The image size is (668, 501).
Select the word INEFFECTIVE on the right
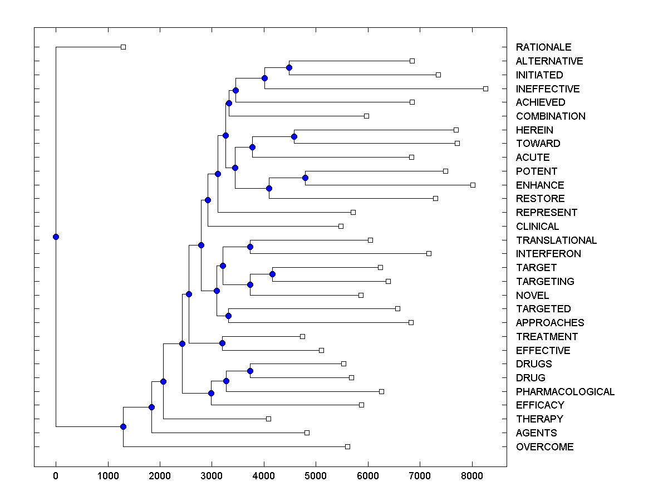(548, 89)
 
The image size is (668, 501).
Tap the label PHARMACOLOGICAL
(565, 392)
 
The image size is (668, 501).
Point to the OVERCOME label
(544, 447)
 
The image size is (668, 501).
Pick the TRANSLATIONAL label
(556, 240)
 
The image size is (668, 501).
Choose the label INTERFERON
(548, 254)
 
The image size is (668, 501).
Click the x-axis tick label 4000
(264, 475)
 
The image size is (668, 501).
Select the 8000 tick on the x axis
(472, 475)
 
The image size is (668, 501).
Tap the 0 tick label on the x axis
(56, 475)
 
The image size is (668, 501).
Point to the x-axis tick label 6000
(368, 475)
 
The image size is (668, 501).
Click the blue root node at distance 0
(56, 237)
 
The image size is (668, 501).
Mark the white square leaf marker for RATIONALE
(124, 47)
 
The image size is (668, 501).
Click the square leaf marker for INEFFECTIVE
(485, 89)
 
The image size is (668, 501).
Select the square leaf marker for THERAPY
(268, 419)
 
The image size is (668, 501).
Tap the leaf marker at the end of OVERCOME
(347, 446)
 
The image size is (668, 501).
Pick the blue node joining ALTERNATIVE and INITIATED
(289, 67)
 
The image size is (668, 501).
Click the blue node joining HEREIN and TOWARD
(294, 136)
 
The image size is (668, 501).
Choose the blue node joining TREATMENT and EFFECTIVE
(222, 343)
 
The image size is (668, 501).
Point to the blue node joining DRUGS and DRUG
(250, 371)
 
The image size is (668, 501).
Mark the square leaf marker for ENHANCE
(473, 185)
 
